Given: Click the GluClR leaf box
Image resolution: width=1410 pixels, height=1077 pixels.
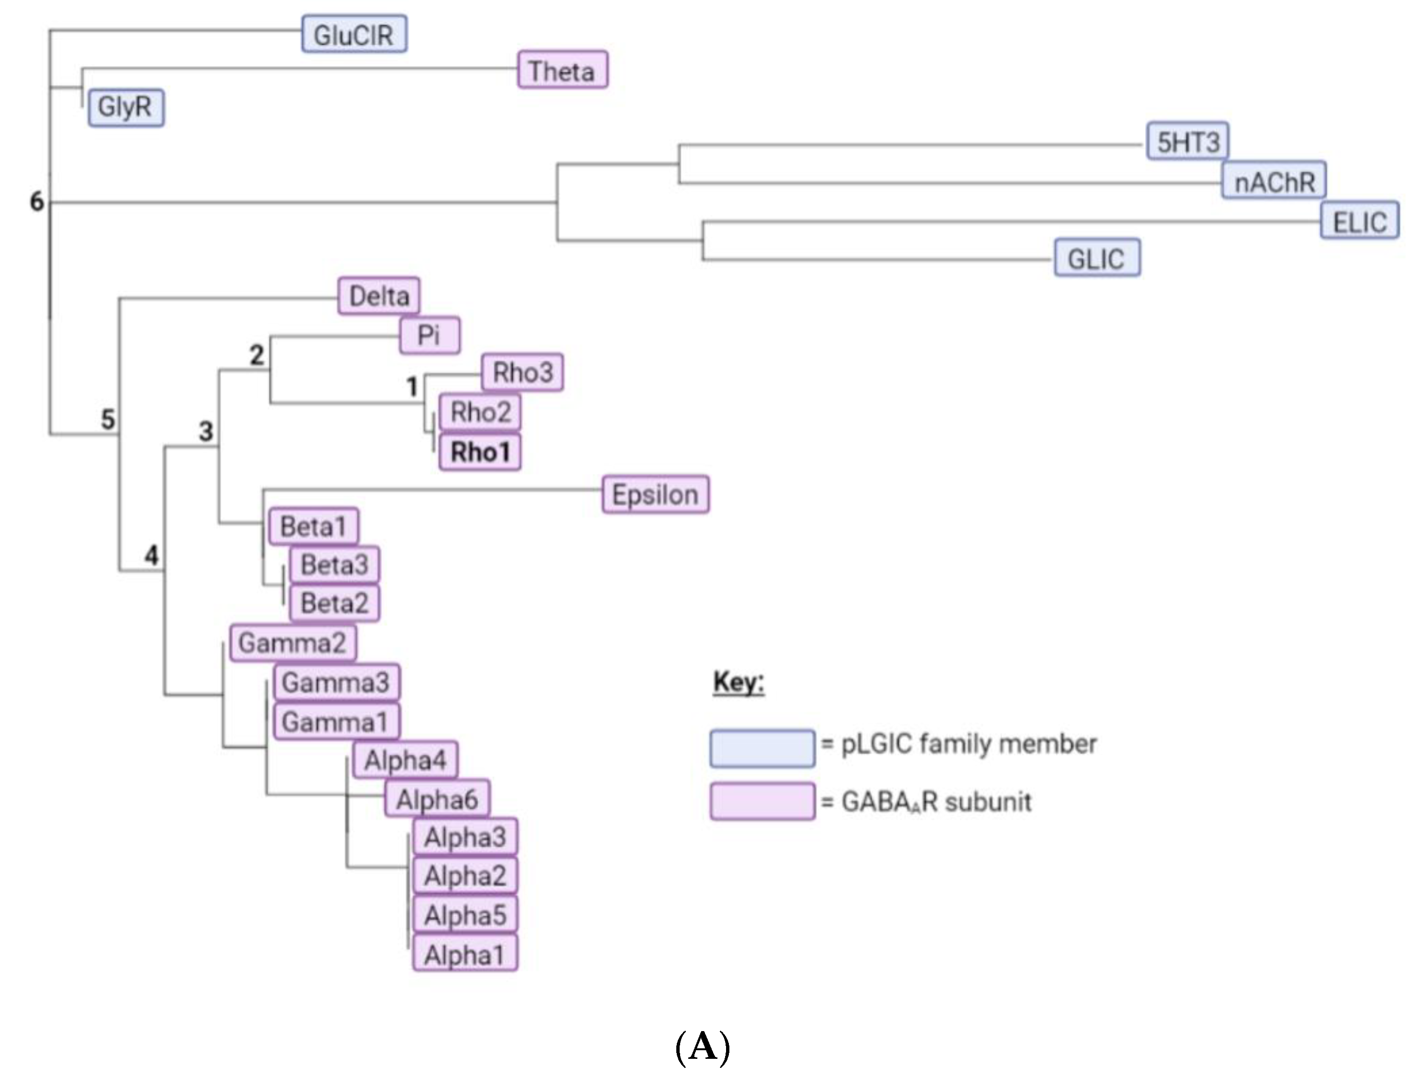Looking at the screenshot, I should [354, 34].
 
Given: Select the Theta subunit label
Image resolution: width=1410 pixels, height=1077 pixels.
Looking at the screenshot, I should [562, 70].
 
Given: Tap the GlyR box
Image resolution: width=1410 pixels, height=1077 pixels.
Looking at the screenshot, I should [126, 107].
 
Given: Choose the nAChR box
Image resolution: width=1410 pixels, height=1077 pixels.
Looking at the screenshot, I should [1273, 181].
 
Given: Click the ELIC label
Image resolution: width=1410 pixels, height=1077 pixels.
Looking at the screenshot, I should [1359, 221].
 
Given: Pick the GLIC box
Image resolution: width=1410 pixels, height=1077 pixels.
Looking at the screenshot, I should [1096, 258].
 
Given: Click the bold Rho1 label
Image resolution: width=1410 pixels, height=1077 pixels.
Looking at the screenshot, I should [480, 452].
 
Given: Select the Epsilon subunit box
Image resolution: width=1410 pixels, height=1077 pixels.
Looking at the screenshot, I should [655, 495].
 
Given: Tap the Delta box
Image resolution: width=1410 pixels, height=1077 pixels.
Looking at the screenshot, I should [379, 296].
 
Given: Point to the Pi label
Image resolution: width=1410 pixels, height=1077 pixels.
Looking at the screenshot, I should [429, 335].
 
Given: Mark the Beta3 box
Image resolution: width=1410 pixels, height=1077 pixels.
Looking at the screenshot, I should [334, 565].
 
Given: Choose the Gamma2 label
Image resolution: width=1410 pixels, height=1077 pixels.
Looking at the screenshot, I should [292, 642].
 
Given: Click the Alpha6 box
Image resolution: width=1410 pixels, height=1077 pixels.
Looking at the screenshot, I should [437, 799].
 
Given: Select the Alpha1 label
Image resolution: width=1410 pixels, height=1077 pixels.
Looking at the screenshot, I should [465, 955].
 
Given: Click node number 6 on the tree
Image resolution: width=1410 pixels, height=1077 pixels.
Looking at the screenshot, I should [37, 201].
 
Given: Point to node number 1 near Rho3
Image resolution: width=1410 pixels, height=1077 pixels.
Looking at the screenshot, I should [412, 386].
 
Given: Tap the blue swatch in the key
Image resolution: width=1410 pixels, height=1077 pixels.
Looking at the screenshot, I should [762, 747].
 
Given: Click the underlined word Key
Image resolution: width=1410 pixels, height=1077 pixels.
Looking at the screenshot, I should [738, 681].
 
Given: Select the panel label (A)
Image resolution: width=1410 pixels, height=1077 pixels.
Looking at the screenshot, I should [703, 1047].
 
